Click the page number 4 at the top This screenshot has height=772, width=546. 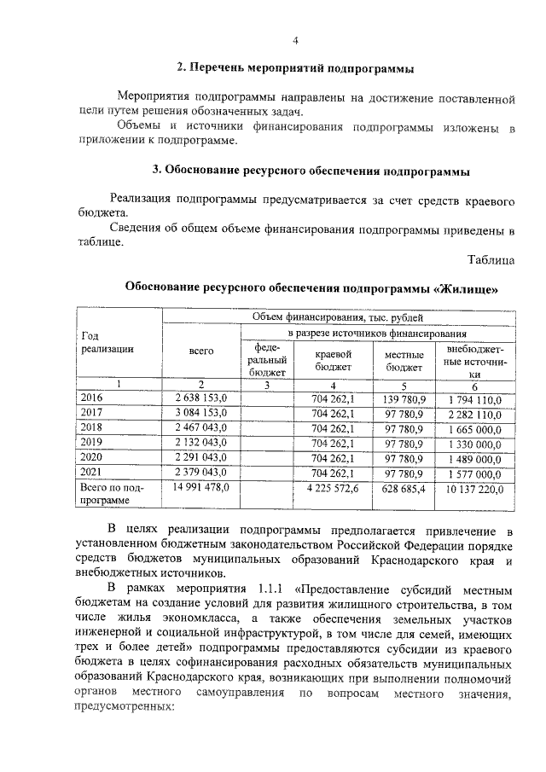coord(294,40)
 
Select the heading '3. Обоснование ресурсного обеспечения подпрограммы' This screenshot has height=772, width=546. coord(317,171)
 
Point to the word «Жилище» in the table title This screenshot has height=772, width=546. coord(466,288)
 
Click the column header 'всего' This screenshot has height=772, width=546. coord(201,351)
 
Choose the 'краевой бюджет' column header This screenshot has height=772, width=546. coord(334,360)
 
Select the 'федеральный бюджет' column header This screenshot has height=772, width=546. coord(268,360)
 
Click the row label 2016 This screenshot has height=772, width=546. coord(90,398)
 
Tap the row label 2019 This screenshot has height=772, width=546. coord(90,443)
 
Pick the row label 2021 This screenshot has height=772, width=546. coord(90,473)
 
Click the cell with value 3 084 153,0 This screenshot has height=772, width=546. coord(201,413)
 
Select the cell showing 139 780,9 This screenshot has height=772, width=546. coord(404,398)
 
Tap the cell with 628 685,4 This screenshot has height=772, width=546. coord(404,488)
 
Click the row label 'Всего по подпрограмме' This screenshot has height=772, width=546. coord(111,495)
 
